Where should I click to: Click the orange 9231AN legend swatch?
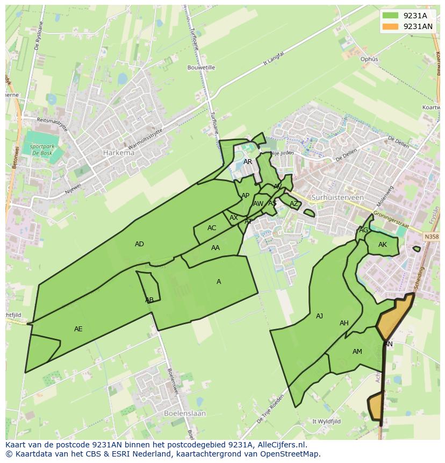point(391,26)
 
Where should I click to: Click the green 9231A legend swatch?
point(391,16)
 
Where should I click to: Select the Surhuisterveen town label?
point(338,197)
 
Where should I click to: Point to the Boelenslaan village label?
point(184,414)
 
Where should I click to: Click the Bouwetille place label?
point(201,68)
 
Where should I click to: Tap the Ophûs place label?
point(369,59)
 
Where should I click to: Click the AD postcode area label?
point(139,244)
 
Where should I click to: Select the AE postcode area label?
point(78,329)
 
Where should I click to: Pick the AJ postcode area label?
point(319,316)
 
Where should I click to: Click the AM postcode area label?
point(357,352)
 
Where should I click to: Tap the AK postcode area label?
point(383,245)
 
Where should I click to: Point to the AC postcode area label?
point(212,228)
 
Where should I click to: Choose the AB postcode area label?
point(149,300)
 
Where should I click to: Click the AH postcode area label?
point(344,323)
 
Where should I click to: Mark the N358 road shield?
point(430,237)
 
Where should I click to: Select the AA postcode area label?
point(216,248)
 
